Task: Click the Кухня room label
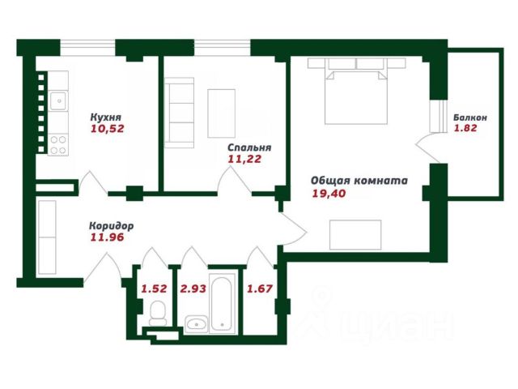click(106, 117)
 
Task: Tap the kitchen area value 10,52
click(108, 128)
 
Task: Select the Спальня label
click(249, 147)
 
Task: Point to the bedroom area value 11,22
click(244, 159)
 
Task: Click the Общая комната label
click(359, 181)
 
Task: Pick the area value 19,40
click(329, 193)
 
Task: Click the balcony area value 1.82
click(465, 128)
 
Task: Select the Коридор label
click(112, 226)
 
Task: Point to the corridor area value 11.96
click(107, 237)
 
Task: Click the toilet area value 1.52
click(154, 289)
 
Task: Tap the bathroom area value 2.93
click(193, 289)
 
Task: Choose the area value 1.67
click(260, 289)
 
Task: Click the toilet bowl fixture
click(158, 314)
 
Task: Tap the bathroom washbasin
click(196, 324)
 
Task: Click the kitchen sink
click(58, 100)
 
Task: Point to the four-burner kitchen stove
click(58, 145)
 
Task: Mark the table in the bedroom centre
click(221, 113)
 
